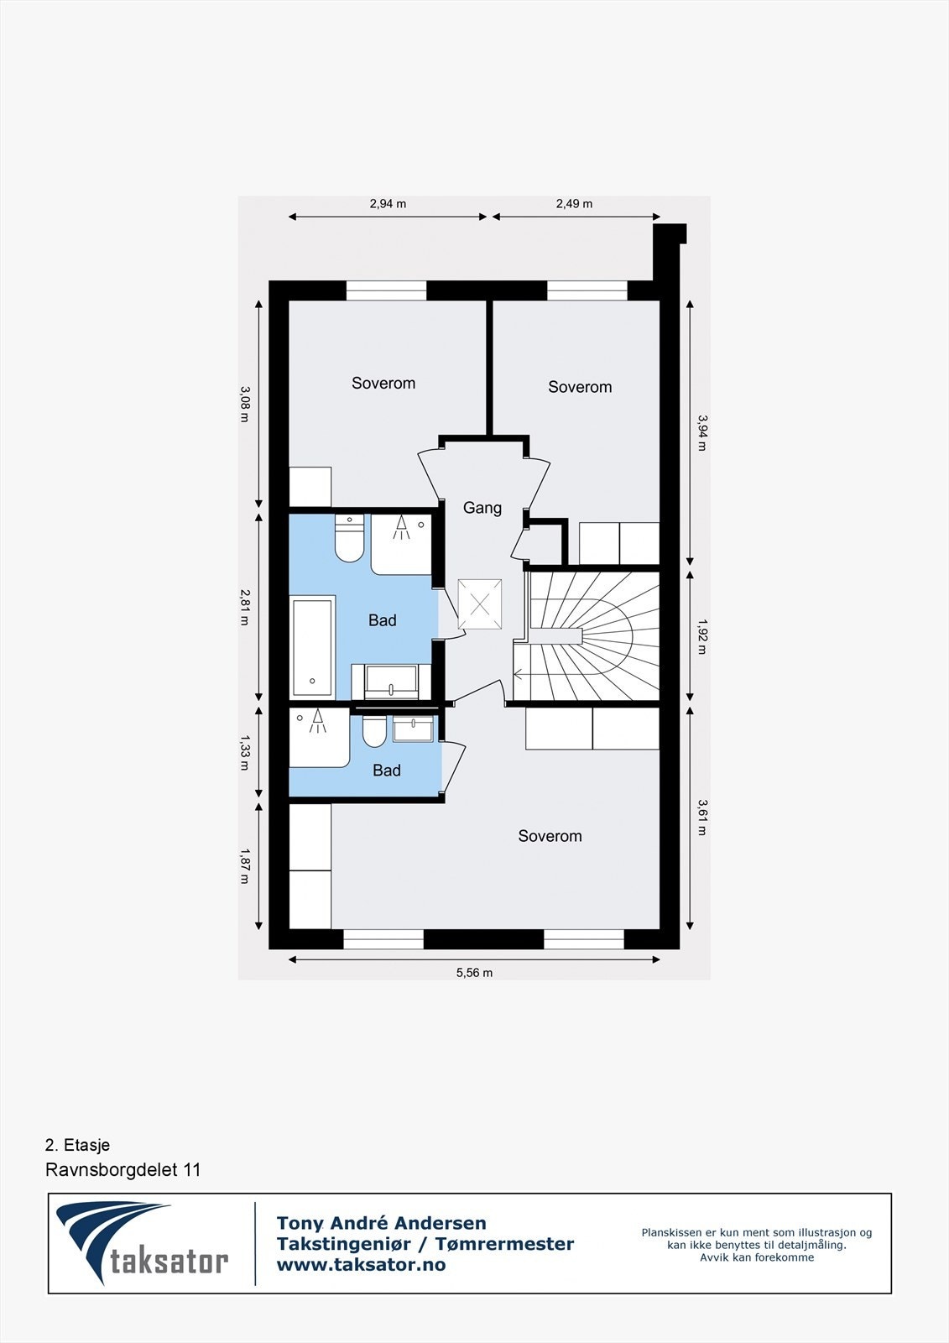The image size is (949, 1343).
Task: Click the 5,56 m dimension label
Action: [x=474, y=973]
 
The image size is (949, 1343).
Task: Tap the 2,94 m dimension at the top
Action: [x=388, y=204]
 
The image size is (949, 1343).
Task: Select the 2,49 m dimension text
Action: [x=574, y=204]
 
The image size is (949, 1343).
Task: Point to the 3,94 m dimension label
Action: [x=701, y=432]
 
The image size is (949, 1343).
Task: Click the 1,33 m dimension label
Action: [x=245, y=752]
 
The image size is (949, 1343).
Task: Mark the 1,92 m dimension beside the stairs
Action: [x=701, y=637]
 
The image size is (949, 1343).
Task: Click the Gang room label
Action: [x=482, y=508]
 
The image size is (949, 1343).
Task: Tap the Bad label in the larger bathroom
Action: [x=383, y=620]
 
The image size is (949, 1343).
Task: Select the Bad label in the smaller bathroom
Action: [x=387, y=771]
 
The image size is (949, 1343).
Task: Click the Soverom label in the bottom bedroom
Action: [x=550, y=836]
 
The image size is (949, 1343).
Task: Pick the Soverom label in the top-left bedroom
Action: [x=383, y=384]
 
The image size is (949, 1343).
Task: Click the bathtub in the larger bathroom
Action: [x=312, y=646]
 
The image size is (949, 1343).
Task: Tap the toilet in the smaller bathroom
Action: [x=374, y=732]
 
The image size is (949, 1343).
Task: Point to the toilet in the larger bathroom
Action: [x=349, y=539]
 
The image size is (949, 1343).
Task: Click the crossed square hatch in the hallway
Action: [x=479, y=604]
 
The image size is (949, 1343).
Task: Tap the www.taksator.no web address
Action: [x=361, y=1265]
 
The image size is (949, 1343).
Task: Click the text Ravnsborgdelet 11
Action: [x=123, y=1170]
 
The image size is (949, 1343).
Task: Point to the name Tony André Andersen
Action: [x=382, y=1223]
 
